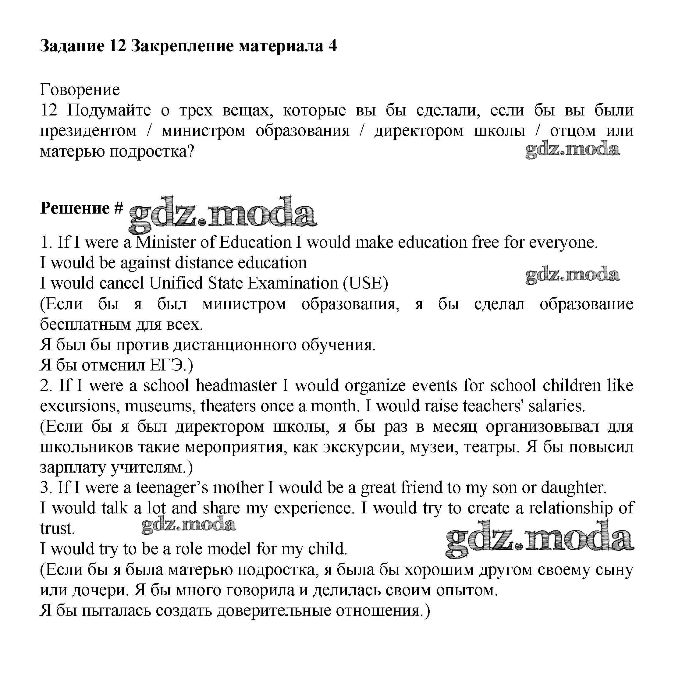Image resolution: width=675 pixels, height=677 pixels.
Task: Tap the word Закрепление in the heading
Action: (182, 46)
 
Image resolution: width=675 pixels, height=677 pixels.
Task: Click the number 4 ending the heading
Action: (332, 46)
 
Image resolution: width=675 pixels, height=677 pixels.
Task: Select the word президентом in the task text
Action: (88, 131)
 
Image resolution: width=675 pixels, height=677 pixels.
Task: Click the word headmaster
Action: (236, 386)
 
